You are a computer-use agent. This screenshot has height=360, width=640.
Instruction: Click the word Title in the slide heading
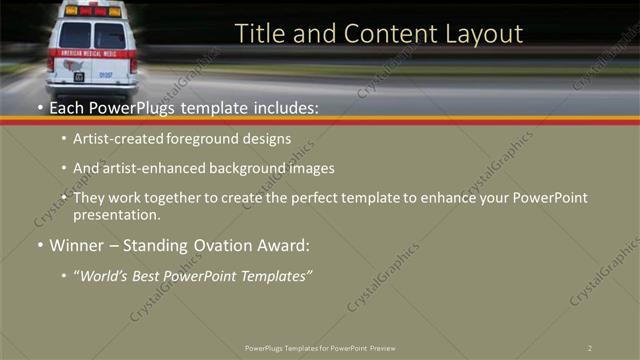pos(258,34)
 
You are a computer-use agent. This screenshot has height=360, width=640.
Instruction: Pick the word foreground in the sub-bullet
pos(214,140)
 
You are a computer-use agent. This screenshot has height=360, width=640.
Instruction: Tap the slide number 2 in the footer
pos(589,348)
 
